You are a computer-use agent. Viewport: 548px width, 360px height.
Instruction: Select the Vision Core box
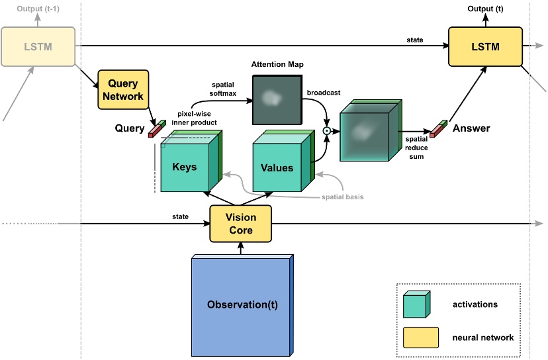pyautogui.click(x=240, y=224)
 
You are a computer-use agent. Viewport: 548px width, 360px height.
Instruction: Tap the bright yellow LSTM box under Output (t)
pyautogui.click(x=485, y=47)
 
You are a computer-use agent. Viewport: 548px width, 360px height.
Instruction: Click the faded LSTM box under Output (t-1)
pyautogui.click(x=38, y=47)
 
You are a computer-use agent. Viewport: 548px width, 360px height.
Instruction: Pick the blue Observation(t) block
pyautogui.click(x=241, y=305)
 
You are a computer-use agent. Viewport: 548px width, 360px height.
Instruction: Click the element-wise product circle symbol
pyautogui.click(x=326, y=131)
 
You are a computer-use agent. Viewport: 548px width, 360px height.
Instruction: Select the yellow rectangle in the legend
pyautogui.click(x=420, y=337)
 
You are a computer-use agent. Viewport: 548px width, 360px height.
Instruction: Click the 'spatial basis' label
pyautogui.click(x=342, y=197)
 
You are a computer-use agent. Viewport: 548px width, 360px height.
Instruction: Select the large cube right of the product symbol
pyautogui.click(x=367, y=136)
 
